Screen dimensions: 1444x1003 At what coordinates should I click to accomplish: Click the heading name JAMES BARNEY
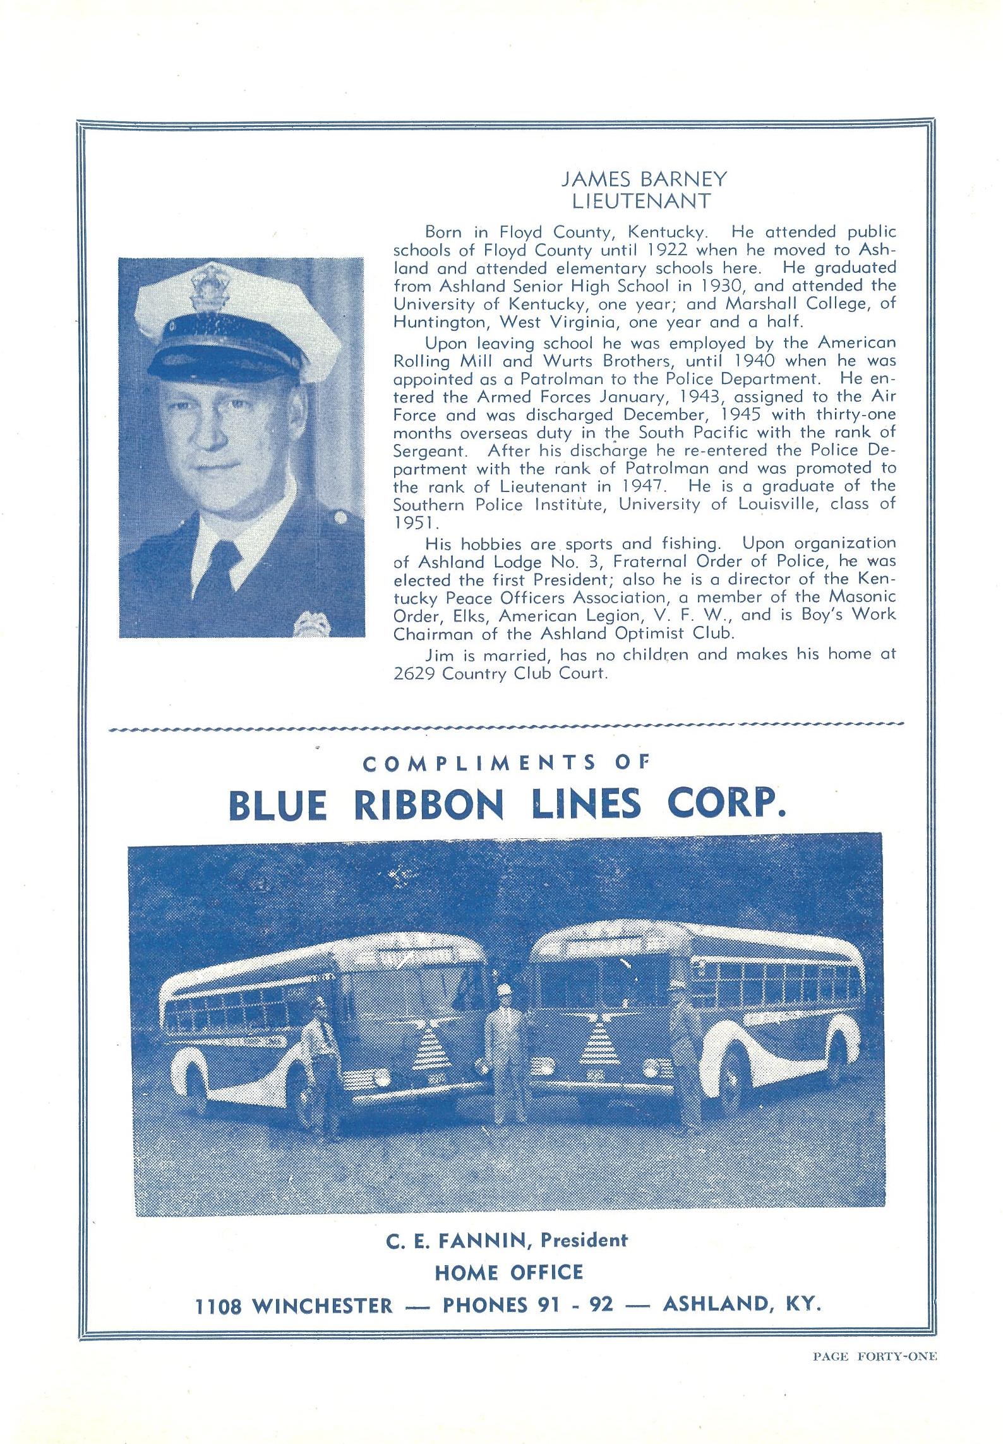[x=644, y=179]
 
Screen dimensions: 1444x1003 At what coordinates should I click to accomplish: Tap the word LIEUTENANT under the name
[x=641, y=201]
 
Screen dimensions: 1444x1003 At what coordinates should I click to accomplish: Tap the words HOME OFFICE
[x=508, y=1272]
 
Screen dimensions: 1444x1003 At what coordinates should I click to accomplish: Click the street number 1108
[x=218, y=1306]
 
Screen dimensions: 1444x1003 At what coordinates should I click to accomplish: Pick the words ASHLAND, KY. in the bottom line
[x=742, y=1304]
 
